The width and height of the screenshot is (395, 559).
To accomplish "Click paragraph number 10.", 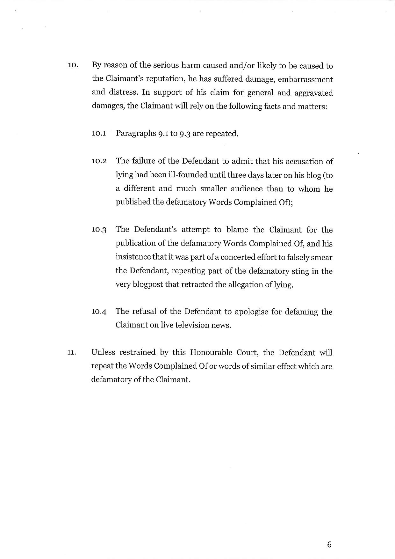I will [73, 65].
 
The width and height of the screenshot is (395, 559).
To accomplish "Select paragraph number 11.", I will [72, 353].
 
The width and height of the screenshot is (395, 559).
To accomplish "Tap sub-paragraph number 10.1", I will [99, 133].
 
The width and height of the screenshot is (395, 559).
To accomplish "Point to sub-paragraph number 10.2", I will [99, 161].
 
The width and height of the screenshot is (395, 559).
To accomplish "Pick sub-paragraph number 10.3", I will [99, 230].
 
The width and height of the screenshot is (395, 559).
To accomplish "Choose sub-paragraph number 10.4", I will [99, 312].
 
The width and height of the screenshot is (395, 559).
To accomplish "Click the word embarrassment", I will [305, 79].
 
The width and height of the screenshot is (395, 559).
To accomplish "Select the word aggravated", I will [313, 93].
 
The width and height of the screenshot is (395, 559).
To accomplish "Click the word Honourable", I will [211, 353].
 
